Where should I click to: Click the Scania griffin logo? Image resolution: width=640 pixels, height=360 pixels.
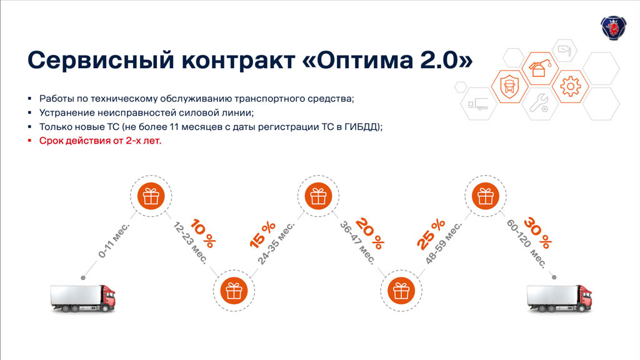pyautogui.click(x=613, y=27)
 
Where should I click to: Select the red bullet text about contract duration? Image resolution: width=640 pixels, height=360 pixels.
pyautogui.click(x=100, y=141)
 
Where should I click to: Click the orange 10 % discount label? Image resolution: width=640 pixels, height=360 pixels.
pyautogui.click(x=203, y=234)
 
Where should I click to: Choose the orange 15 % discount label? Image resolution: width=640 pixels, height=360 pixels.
pyautogui.click(x=262, y=235)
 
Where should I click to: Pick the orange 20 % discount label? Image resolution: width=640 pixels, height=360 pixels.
pyautogui.click(x=370, y=234)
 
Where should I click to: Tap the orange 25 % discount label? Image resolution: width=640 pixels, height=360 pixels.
pyautogui.click(x=431, y=234)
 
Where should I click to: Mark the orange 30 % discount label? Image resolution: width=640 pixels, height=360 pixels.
pyautogui.click(x=537, y=233)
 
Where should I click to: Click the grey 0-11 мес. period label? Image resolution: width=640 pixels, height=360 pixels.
pyautogui.click(x=114, y=241)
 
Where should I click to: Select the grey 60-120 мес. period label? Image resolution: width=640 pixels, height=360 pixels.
pyautogui.click(x=526, y=244)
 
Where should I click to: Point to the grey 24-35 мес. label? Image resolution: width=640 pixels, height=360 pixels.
pyautogui.click(x=276, y=243)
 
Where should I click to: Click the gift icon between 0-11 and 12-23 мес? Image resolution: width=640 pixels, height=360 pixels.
pyautogui.click(x=151, y=196)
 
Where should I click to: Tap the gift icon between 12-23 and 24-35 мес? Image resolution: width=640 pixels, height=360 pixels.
pyautogui.click(x=234, y=291)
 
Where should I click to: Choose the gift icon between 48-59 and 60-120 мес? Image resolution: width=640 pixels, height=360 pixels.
pyautogui.click(x=485, y=196)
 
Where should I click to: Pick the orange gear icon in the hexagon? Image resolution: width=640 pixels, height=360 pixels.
pyautogui.click(x=570, y=86)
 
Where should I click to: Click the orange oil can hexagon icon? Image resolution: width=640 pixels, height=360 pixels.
pyautogui.click(x=539, y=68)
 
